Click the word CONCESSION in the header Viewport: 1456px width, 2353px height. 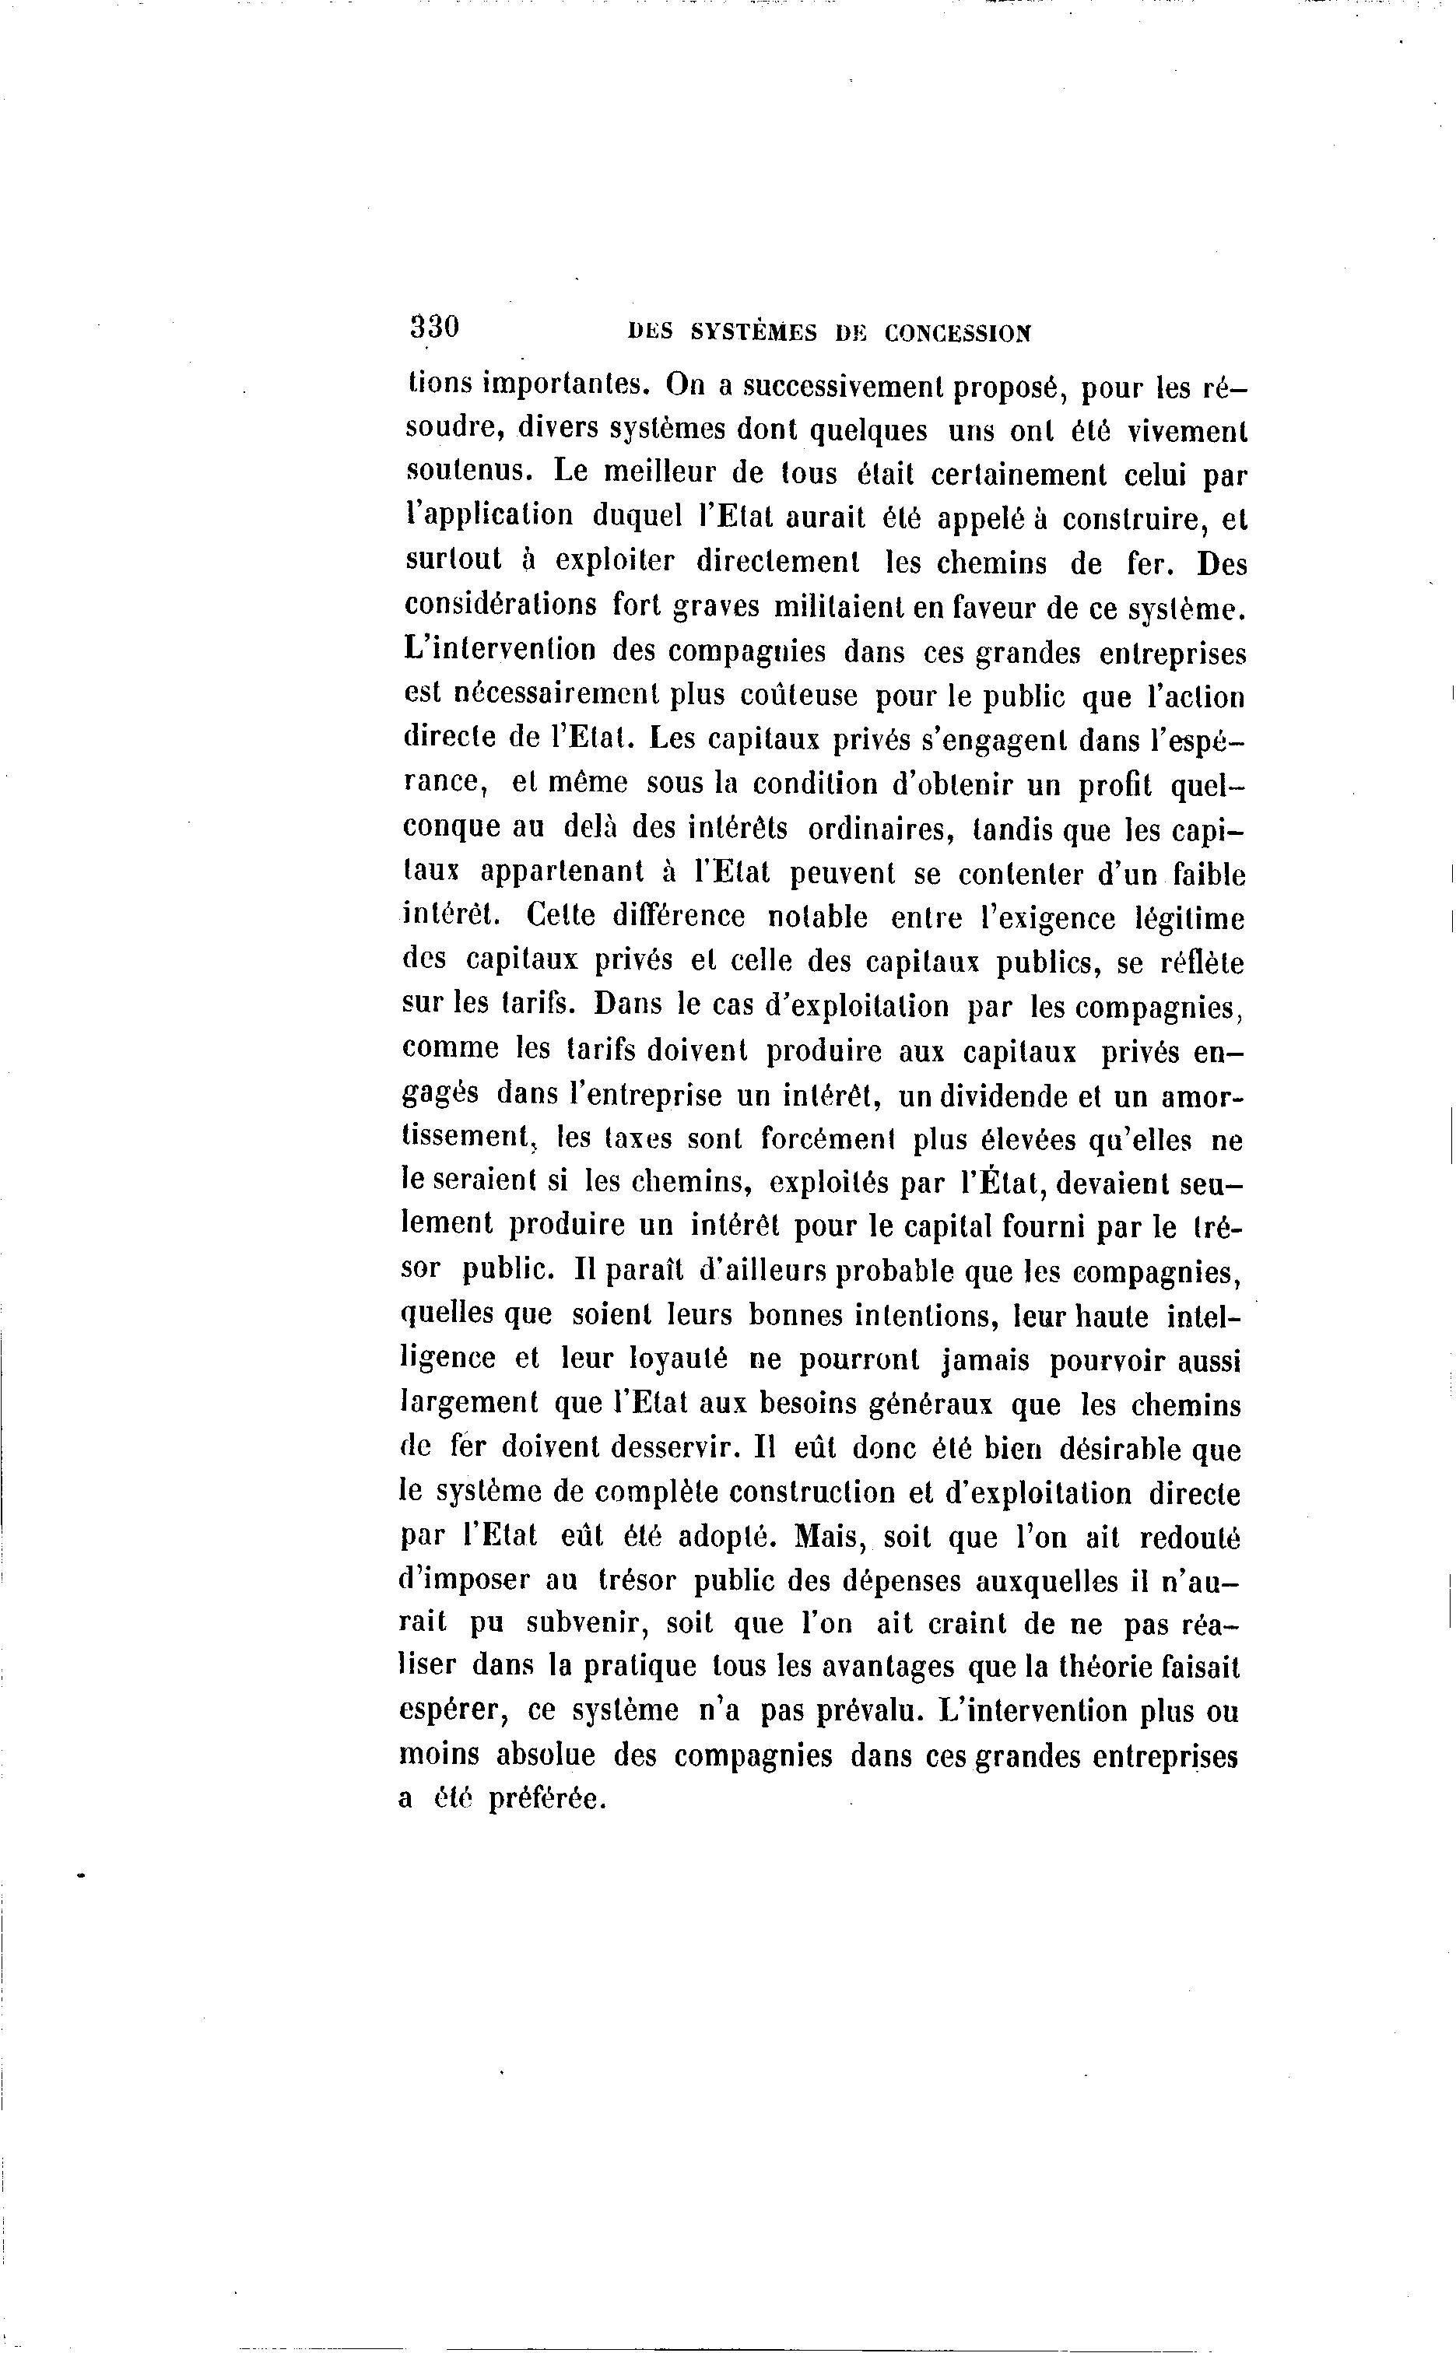click(x=957, y=333)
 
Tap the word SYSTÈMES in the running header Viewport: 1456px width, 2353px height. click(x=754, y=333)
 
